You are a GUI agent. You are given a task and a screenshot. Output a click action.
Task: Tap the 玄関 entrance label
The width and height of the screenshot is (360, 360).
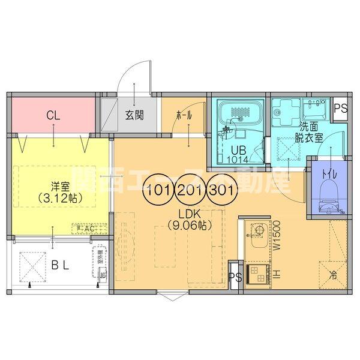(134, 116)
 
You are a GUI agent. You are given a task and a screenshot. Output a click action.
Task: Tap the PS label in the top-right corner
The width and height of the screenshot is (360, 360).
(340, 109)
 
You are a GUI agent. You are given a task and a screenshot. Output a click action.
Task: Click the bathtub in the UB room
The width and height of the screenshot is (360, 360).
(239, 113)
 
